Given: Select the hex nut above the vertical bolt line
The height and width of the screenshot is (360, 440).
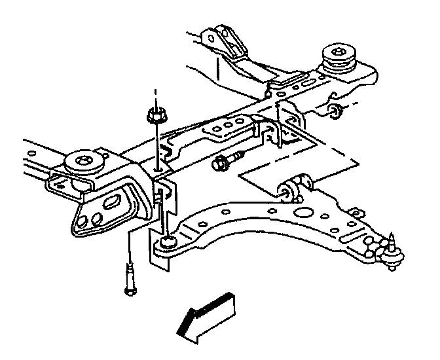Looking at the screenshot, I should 155,117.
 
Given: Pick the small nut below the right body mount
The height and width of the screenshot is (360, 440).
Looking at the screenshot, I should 335,109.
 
